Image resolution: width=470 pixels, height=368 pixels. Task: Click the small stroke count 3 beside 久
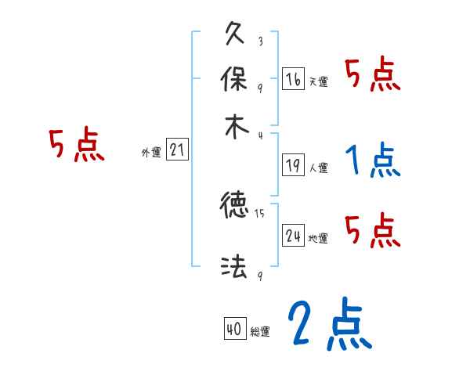coord(259,41)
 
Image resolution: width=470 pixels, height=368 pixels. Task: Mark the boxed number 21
coord(177,150)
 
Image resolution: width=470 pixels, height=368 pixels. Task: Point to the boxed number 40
coord(234,330)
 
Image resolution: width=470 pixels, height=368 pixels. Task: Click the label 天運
coord(318,81)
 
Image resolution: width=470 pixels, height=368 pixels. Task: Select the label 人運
coord(318,167)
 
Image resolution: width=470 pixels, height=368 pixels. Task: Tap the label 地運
coord(318,238)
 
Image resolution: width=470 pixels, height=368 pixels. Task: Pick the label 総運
coord(259,332)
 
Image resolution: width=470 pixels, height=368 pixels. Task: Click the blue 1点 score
coord(372,162)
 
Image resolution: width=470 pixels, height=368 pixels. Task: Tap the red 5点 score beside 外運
coord(76,146)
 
